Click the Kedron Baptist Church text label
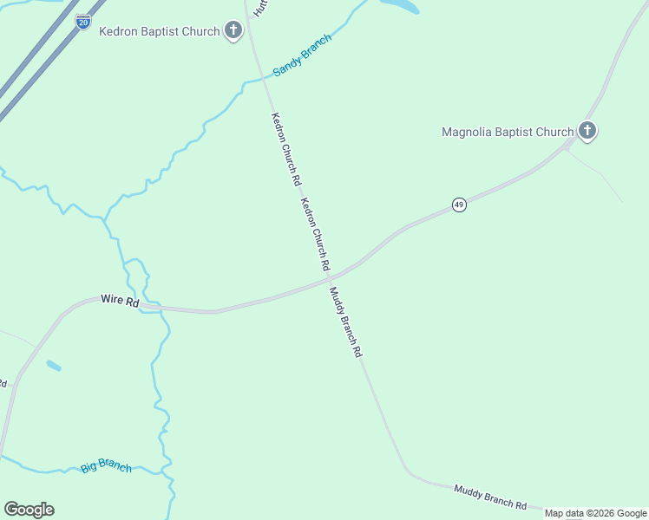coord(159,32)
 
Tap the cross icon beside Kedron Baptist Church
coord(233,31)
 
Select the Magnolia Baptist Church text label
coord(508,133)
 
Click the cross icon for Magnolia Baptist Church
coord(587,132)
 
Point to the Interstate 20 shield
coord(82,22)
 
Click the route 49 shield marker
coord(459,205)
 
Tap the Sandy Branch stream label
coord(302,55)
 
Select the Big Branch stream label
coord(106,465)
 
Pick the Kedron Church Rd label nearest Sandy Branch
coord(285,150)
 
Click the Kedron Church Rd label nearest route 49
coord(315,232)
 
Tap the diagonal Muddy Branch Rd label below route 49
coord(344,322)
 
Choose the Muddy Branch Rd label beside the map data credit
coord(490,497)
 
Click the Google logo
coord(29,510)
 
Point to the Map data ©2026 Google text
coord(595,513)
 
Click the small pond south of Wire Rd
coord(54,366)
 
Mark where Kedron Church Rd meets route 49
coord(328,278)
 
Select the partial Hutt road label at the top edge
coord(258,8)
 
